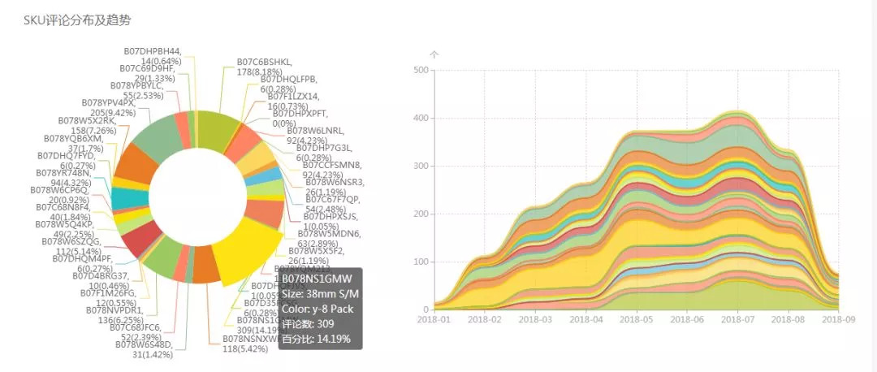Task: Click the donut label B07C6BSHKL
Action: (x=265, y=62)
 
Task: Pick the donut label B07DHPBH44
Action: (x=152, y=50)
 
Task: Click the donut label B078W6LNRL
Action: (x=315, y=130)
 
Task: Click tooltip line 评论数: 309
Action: (x=309, y=323)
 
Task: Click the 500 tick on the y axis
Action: (x=421, y=70)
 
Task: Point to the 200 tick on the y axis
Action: (x=421, y=214)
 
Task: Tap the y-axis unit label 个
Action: (x=434, y=55)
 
